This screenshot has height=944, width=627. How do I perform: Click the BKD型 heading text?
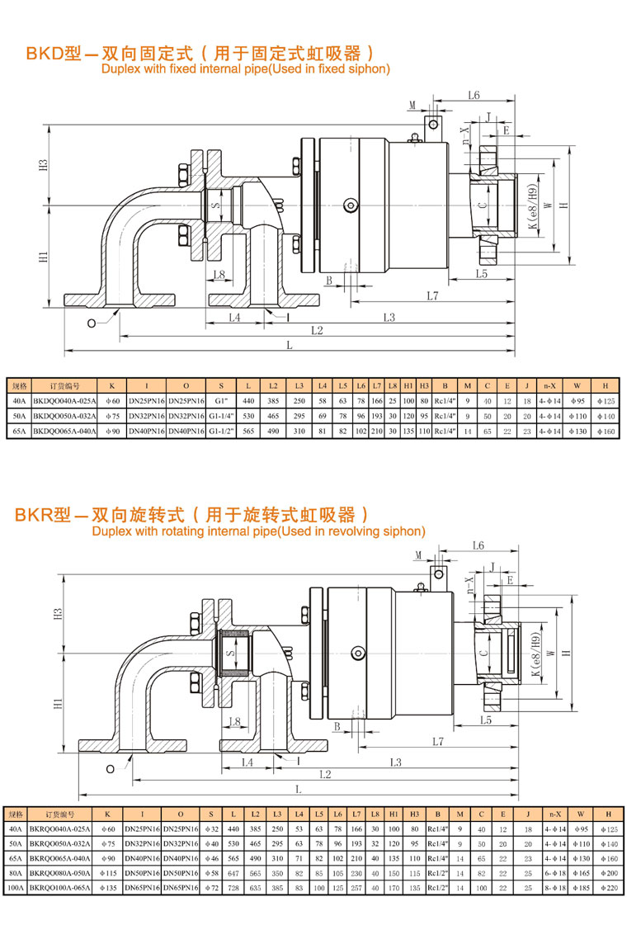tap(51, 54)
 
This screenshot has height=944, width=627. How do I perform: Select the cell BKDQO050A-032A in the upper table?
tap(64, 416)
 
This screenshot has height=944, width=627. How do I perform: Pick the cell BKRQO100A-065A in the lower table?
tap(60, 890)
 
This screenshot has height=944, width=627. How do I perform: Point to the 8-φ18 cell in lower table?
tap(555, 890)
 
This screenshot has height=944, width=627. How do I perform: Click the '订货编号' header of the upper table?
tap(64, 385)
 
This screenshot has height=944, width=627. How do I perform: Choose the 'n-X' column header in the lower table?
tap(555, 814)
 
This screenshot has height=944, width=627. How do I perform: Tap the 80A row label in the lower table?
tap(15, 874)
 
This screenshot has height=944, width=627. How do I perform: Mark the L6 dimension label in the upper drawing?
tap(474, 96)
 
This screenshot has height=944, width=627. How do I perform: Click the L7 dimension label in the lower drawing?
tap(437, 742)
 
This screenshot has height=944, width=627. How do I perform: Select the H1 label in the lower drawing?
tap(57, 704)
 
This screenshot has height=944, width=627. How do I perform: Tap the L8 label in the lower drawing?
tap(233, 722)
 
